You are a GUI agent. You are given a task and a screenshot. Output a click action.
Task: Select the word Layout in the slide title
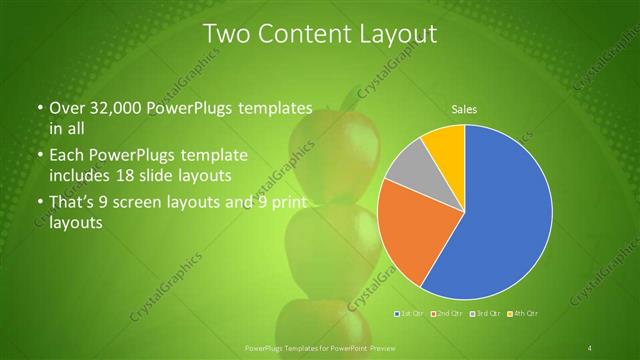[397, 34]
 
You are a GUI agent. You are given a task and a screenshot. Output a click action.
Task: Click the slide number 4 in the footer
[590, 348]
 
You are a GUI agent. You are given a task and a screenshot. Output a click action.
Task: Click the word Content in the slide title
[300, 34]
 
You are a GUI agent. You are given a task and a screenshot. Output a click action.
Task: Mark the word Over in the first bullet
[68, 108]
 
